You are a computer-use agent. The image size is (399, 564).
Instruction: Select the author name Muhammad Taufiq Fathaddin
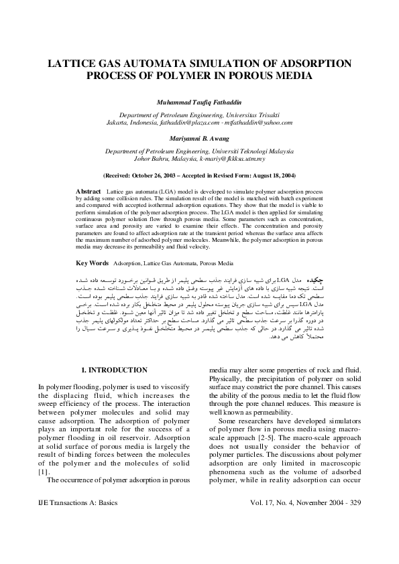click(199, 104)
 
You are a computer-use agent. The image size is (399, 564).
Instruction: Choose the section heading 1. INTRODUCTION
click(114, 370)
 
